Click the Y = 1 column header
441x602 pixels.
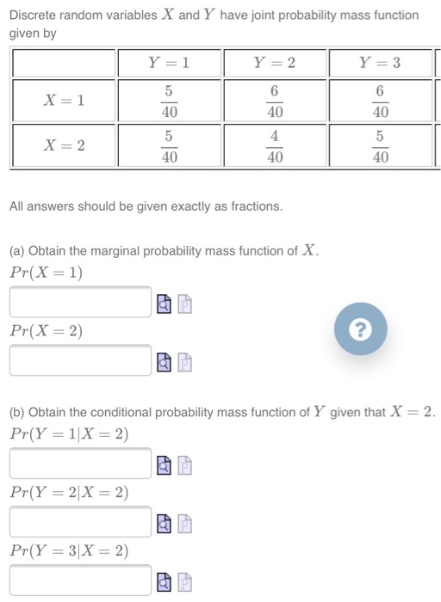coord(169,63)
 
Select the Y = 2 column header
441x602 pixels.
coord(275,63)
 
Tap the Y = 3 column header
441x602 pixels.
coord(381,63)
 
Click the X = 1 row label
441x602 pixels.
coord(64,101)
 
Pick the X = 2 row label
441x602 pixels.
coord(64,145)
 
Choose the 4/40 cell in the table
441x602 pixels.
coord(275,145)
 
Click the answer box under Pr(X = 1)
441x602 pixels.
coord(81,302)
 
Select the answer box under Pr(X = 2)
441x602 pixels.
coord(81,360)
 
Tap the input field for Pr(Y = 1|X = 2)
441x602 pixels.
coord(81,464)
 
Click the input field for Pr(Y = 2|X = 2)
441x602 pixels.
coord(81,522)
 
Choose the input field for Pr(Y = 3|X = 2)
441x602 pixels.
coord(81,580)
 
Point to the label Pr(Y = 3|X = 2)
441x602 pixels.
coord(69,551)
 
